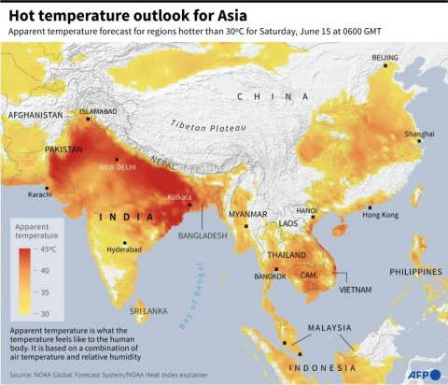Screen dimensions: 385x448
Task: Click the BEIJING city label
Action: point(385,58)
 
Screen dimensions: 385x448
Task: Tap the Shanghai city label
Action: point(418,135)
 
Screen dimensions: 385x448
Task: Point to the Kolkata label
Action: point(180,197)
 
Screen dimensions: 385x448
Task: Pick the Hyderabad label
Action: point(124,250)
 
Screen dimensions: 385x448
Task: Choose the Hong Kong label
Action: point(380,215)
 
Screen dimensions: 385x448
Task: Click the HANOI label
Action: point(306,211)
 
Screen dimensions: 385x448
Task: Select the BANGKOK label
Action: point(270,278)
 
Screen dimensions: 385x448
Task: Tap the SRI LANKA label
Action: point(147,309)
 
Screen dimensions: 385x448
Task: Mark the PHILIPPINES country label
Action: point(415,272)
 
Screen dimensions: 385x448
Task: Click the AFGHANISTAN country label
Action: point(35,115)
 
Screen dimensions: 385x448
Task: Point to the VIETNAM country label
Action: point(356,291)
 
